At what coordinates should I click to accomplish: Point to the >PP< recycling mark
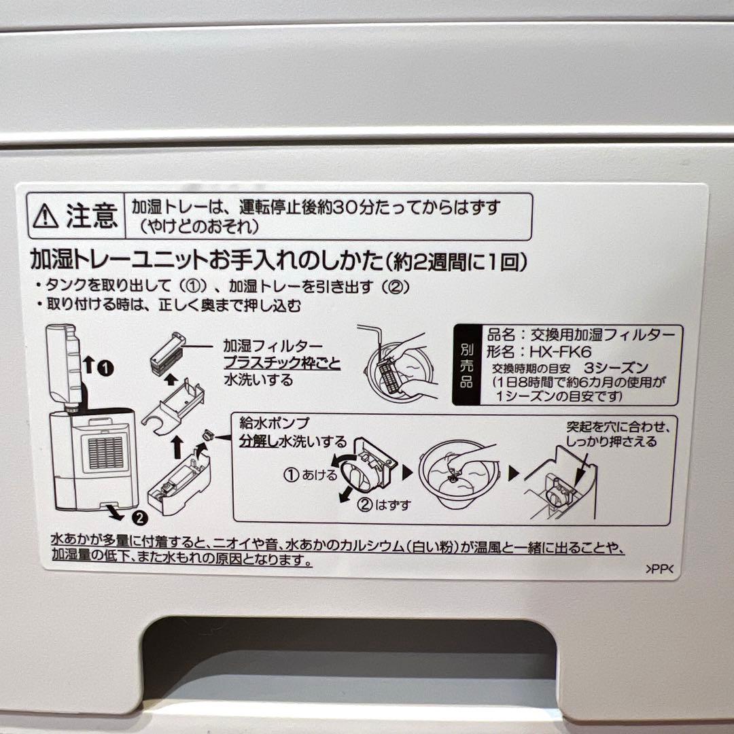point(659,571)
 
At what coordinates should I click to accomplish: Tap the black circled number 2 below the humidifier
point(138,518)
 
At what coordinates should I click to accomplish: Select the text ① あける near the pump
point(310,475)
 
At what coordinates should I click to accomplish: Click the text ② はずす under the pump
point(384,506)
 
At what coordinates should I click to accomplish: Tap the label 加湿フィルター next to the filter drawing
point(273,347)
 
